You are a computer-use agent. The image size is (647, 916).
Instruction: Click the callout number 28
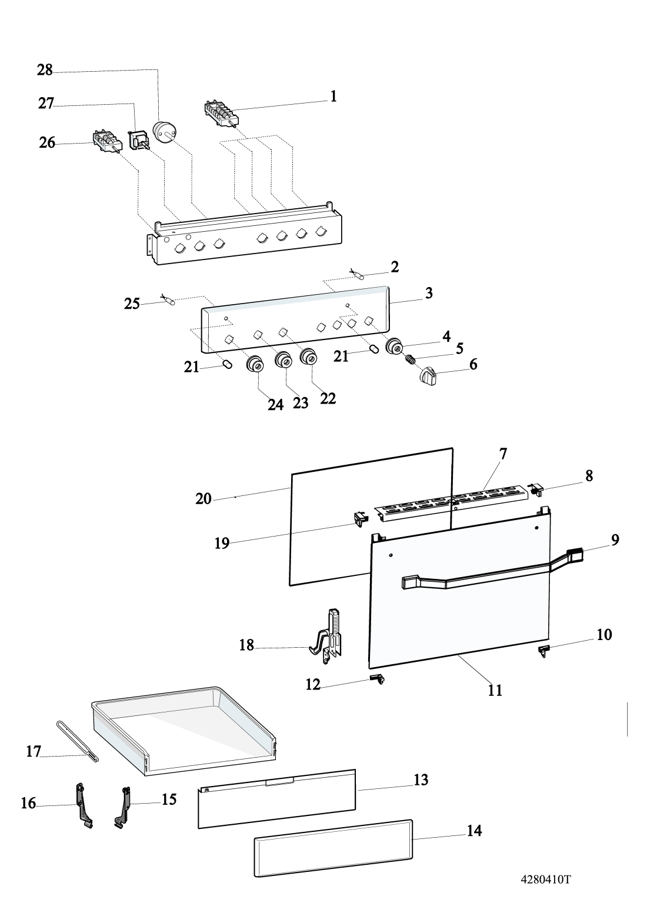coord(45,71)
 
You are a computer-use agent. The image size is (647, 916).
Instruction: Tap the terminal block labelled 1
coord(221,112)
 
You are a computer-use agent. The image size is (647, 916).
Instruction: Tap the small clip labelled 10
coord(545,649)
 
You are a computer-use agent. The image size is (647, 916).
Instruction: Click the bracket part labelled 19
coord(359,518)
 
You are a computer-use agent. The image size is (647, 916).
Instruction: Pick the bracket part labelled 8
coord(536,489)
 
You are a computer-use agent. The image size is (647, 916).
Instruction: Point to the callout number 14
coord(474,831)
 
